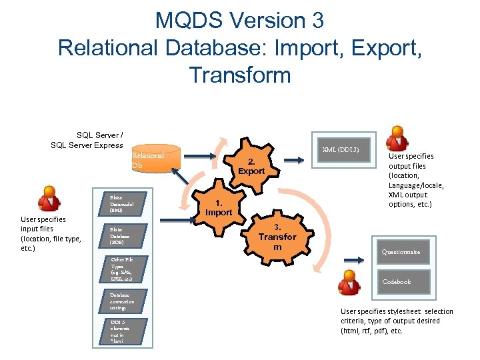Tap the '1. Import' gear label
pyautogui.click(x=219, y=208)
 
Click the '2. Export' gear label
pyautogui.click(x=251, y=167)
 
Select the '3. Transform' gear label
pyautogui.click(x=277, y=237)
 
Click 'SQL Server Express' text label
pyautogui.click(x=87, y=145)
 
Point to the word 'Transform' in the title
pyautogui.click(x=240, y=75)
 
